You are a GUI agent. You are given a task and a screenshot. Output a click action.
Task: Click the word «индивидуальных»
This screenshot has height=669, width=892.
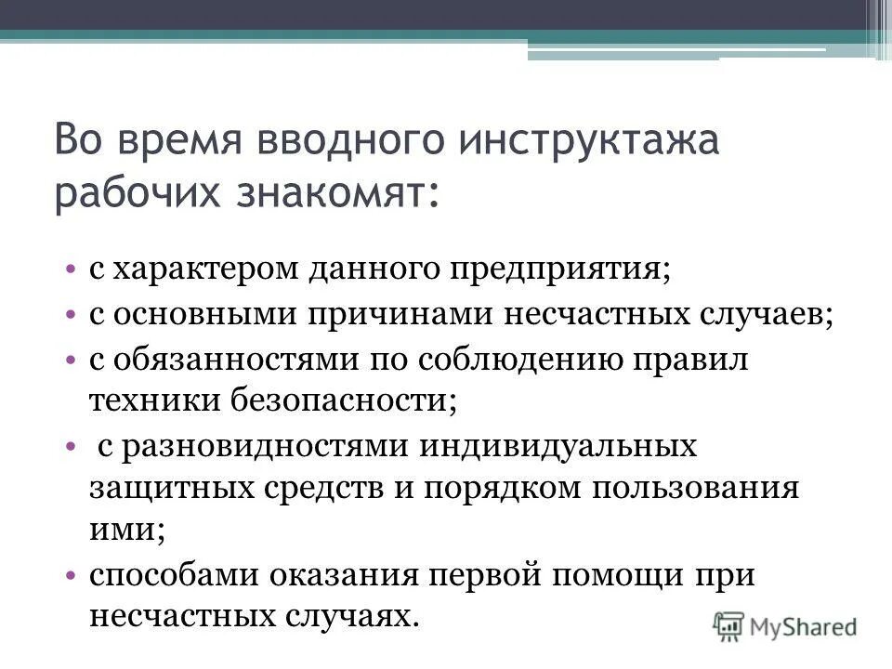point(558,445)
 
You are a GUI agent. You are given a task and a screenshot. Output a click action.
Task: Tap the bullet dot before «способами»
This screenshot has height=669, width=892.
point(72,575)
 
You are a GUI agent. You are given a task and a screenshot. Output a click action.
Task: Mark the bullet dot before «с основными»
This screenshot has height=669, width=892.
point(72,314)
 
